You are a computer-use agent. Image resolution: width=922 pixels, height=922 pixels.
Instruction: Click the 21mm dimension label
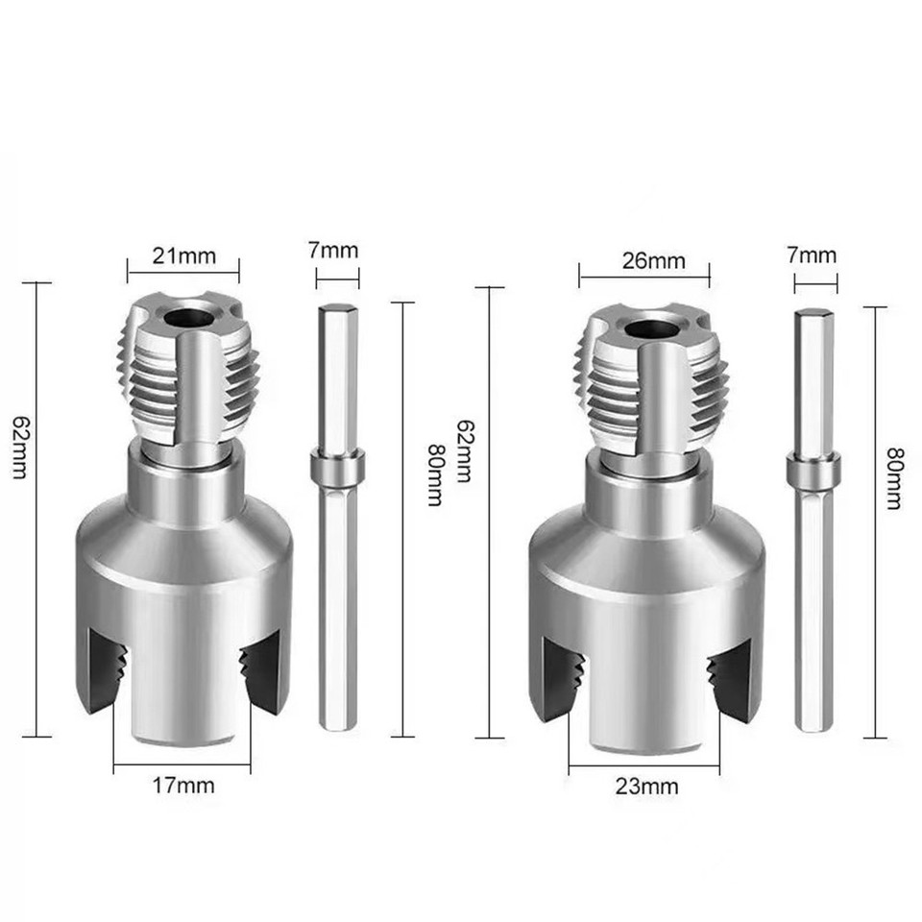pyautogui.click(x=182, y=256)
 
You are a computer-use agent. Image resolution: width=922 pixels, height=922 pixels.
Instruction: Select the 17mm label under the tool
pyautogui.click(x=182, y=785)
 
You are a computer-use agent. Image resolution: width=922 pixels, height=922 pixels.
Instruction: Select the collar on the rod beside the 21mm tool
pyautogui.click(x=337, y=470)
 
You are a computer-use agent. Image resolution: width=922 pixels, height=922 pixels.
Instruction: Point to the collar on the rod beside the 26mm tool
pyautogui.click(x=815, y=473)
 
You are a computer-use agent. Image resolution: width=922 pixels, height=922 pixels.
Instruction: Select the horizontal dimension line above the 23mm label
pyautogui.click(x=643, y=766)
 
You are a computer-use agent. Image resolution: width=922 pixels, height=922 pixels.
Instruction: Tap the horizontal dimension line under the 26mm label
pyautogui.click(x=643, y=278)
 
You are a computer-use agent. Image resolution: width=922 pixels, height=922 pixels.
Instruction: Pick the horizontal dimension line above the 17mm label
pyautogui.click(x=182, y=765)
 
